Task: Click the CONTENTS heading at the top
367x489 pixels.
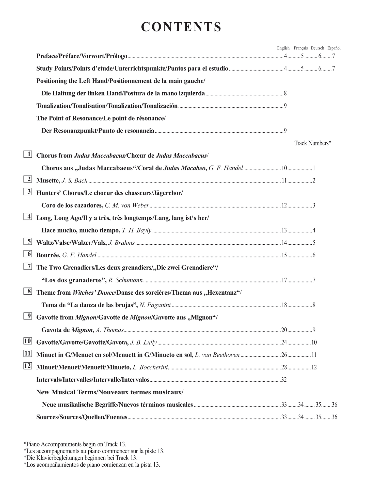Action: point(181,27)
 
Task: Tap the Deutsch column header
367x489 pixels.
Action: point(317,48)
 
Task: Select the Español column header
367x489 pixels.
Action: point(334,48)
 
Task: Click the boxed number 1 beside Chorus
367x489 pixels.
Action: point(28,154)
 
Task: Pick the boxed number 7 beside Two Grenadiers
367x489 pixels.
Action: point(28,266)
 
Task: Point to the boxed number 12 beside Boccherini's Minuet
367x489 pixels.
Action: point(28,366)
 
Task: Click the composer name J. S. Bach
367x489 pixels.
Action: point(74,180)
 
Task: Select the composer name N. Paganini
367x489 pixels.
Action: point(155,305)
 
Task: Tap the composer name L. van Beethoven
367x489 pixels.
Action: point(217,355)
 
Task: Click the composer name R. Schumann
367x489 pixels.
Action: point(125,280)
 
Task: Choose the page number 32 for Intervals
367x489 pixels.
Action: point(284,380)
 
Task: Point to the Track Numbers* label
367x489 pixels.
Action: point(313,143)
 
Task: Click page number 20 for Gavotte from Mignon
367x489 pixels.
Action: point(284,330)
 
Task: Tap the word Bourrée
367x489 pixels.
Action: point(48,255)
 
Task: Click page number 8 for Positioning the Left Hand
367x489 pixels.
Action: point(285,93)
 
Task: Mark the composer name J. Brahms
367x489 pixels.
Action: point(121,243)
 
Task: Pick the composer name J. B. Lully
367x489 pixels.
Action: point(143,342)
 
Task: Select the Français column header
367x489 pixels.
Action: point(301,48)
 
